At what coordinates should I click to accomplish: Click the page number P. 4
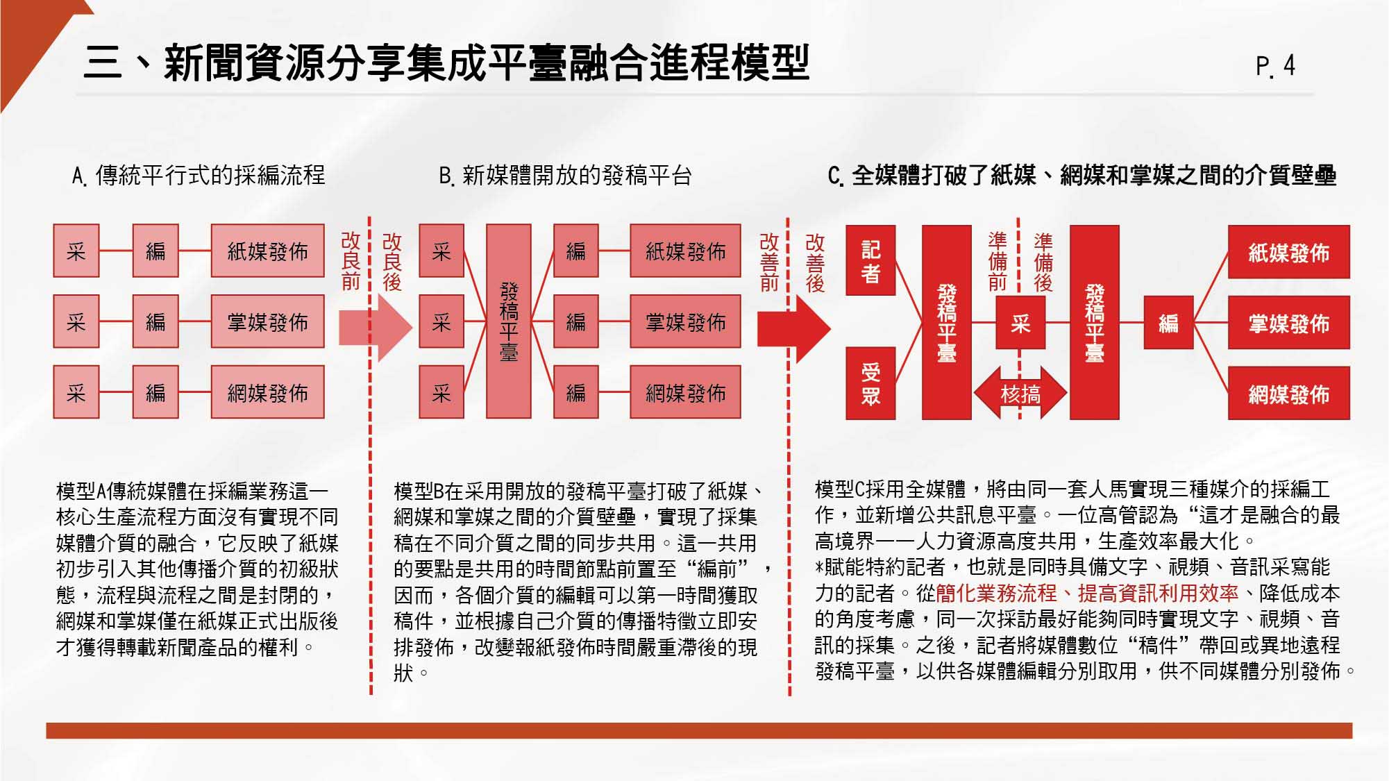coord(1275,66)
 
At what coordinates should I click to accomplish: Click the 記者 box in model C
coord(870,260)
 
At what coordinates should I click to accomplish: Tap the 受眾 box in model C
coord(870,383)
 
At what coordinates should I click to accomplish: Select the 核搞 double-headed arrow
coord(1020,394)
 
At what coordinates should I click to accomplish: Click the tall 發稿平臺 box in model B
coord(509,321)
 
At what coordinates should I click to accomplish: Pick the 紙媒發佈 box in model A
coord(267,251)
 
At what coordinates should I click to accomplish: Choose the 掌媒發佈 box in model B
coord(685,322)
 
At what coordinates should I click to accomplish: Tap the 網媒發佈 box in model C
coord(1288,394)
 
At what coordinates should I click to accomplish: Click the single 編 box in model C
coord(1168,323)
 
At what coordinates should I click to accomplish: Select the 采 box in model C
coord(1020,323)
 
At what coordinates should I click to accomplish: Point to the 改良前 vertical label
coord(351,261)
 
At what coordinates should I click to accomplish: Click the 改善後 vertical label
coord(815,262)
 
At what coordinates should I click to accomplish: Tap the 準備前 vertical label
coord(997,261)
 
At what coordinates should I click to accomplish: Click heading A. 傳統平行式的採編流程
coord(199,176)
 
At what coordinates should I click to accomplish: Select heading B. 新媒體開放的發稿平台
coord(565,176)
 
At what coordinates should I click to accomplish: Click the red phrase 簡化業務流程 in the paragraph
coord(995,593)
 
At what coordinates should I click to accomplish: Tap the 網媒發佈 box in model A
coord(267,393)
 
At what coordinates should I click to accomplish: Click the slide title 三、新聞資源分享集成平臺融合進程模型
coord(446,62)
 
